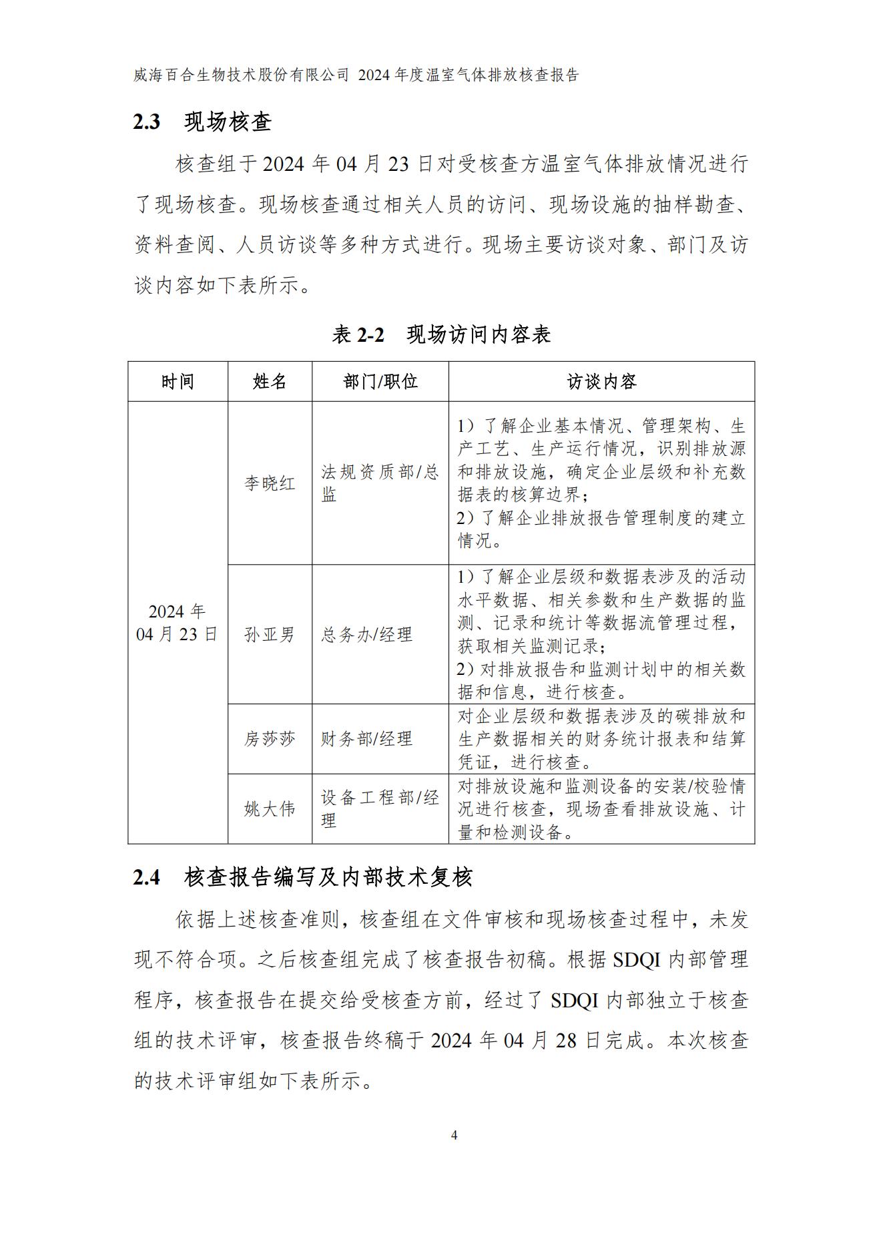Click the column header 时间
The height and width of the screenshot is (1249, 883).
coord(178,382)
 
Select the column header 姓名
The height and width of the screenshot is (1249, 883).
coord(270,382)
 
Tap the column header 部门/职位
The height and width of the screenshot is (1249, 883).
coord(380,382)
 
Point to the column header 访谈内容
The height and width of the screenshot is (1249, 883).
coord(601,382)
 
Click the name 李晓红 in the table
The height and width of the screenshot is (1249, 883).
coord(270,483)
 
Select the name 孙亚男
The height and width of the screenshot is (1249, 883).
coord(270,634)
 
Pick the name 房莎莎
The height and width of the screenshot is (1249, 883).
coord(270,739)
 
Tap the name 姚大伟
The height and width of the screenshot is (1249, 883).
coord(270,809)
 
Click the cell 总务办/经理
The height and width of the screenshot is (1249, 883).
coord(366,634)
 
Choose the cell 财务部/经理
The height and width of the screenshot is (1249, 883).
coord(366,739)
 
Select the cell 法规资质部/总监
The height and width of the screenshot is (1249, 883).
coord(379,483)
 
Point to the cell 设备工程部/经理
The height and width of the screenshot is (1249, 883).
coord(379,809)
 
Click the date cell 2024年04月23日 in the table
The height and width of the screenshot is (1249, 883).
coord(178,623)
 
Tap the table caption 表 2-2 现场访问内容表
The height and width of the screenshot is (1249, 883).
coord(441,334)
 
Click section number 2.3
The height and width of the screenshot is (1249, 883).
coord(147,122)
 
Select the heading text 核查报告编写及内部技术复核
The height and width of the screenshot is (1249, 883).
coord(328,877)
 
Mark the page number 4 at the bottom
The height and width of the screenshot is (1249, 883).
coord(455,1136)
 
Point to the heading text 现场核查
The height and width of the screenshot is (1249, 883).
coord(228,122)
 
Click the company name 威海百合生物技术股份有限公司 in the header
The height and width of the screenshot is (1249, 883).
coord(241,75)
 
